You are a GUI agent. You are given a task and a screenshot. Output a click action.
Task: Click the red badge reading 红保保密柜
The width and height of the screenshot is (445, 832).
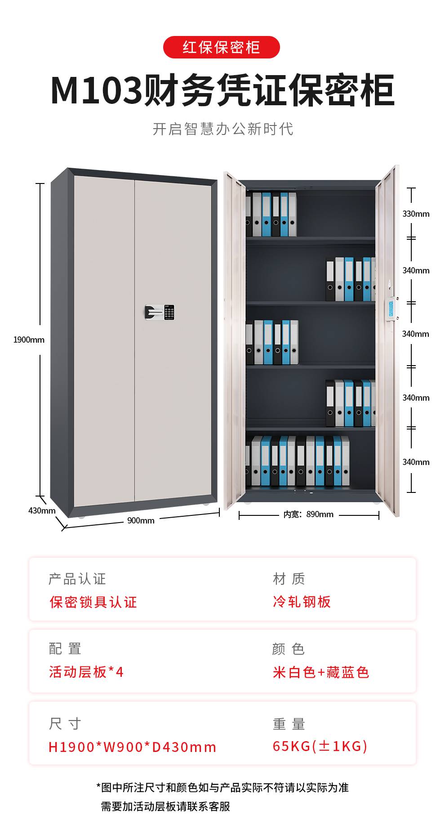coord(221,47)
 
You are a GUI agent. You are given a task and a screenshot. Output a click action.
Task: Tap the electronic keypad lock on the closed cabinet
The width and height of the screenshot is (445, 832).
coord(160,312)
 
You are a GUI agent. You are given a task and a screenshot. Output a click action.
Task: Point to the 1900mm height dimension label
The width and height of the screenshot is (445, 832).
coord(29,340)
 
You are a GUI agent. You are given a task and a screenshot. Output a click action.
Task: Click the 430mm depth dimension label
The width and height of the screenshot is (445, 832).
coord(42,510)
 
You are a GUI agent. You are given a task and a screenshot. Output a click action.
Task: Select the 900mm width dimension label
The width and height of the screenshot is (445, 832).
coord(141,520)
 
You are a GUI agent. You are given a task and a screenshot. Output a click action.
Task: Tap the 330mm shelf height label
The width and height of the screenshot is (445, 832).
coord(416,214)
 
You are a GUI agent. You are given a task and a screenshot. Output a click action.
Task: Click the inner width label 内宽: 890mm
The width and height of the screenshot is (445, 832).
coord(308,514)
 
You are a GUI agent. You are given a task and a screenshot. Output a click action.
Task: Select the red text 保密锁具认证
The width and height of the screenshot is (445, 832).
coord(93,602)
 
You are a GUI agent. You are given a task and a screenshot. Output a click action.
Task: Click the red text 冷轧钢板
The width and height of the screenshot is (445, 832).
coord(302,602)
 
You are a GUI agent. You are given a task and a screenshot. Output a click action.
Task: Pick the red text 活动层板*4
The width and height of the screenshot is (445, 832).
coord(86,672)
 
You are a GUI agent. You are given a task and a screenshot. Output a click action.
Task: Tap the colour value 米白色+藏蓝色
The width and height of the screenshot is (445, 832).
coord(321,672)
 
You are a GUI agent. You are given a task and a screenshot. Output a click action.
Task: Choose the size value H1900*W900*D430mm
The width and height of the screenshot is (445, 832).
coord(133,747)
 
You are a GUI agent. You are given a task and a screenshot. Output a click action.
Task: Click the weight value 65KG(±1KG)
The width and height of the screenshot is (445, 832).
coord(320,746)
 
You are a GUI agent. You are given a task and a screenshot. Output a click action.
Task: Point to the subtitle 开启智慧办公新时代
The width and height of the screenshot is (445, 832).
coord(223,129)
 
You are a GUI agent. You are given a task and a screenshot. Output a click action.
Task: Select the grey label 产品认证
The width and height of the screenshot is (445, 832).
coord(77,579)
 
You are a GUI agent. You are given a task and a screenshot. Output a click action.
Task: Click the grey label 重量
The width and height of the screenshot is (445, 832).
coord(289,724)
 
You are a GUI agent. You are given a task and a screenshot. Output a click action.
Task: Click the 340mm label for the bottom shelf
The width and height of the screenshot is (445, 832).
coord(416,462)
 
